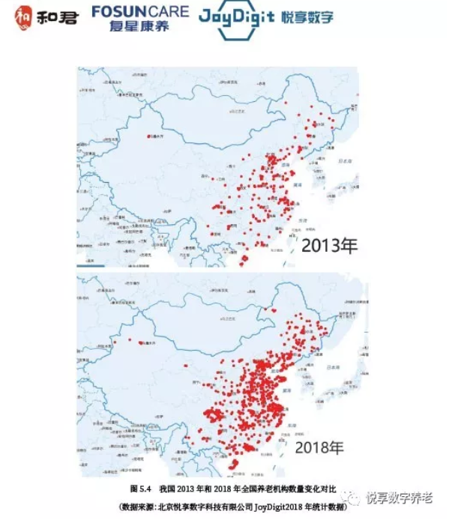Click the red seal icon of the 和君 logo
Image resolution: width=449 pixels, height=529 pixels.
click(x=24, y=15)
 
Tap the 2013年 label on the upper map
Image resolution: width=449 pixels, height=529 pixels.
click(x=331, y=245)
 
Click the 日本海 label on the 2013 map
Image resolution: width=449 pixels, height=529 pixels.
click(x=346, y=160)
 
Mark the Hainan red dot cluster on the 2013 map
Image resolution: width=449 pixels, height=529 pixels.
click(x=244, y=260)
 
